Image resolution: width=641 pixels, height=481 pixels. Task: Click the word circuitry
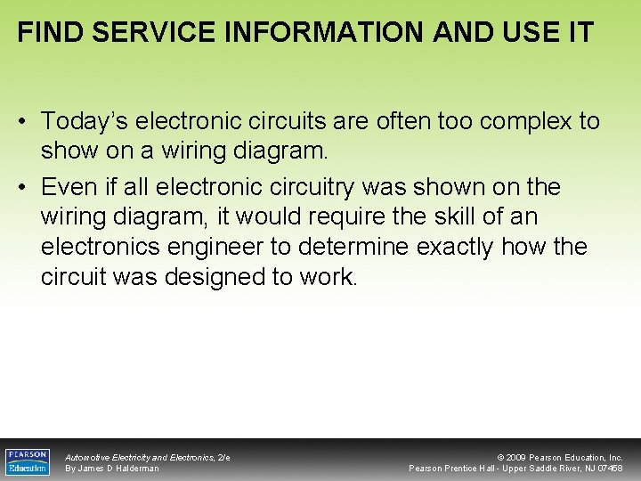(x=323, y=188)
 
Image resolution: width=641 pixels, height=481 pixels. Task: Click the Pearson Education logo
(x=28, y=461)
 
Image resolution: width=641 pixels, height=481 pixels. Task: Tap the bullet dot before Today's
(x=24, y=122)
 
